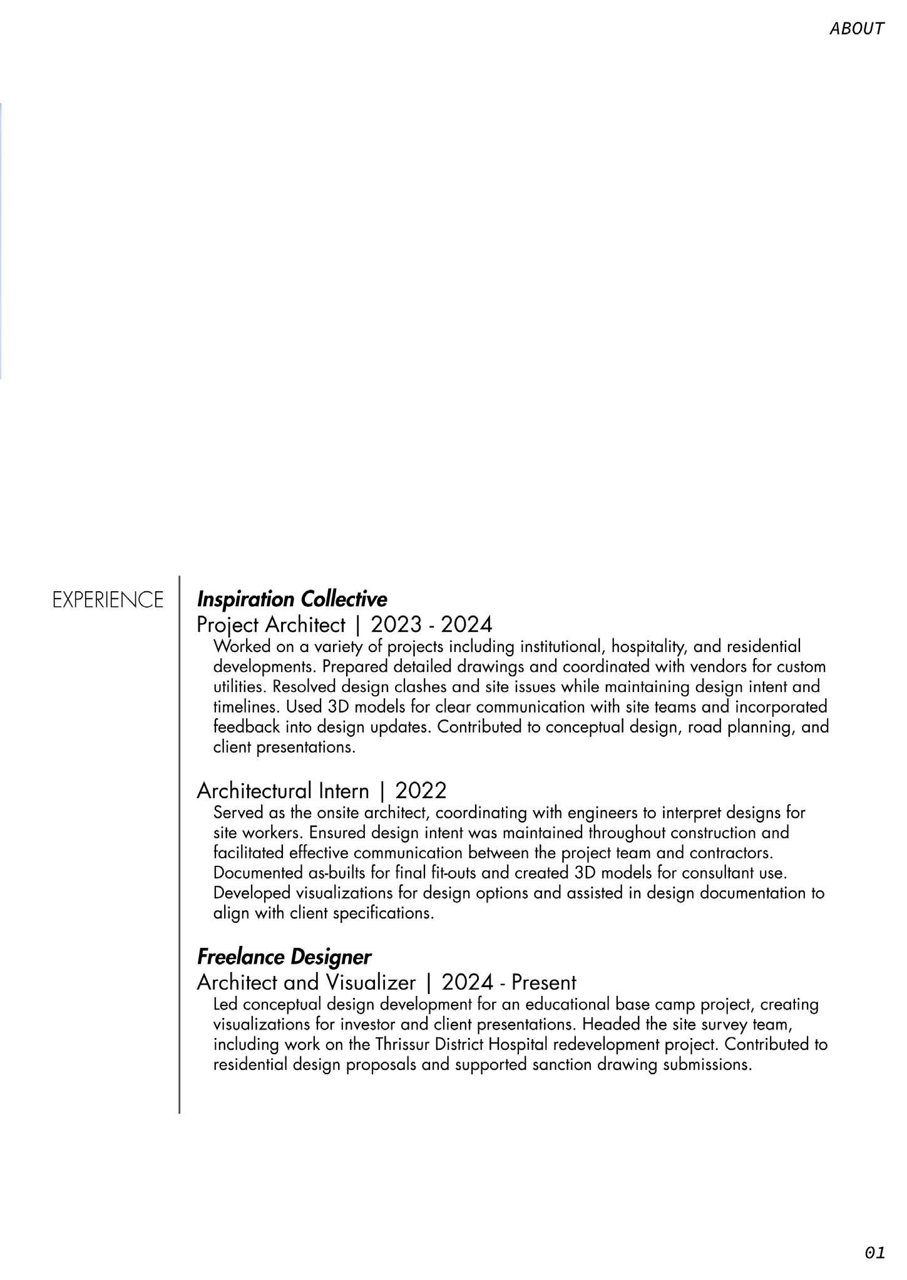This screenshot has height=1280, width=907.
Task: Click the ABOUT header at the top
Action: (856, 29)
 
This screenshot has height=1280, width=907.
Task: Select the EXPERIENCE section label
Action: (108, 600)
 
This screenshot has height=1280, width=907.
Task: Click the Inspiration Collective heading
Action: (292, 599)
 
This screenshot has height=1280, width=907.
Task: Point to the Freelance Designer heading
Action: (284, 957)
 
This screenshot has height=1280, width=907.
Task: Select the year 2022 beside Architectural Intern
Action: (421, 791)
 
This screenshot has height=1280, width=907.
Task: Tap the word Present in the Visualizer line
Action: (543, 982)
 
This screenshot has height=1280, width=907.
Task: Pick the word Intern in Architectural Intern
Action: (344, 791)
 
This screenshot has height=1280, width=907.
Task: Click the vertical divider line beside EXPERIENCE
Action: (179, 845)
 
